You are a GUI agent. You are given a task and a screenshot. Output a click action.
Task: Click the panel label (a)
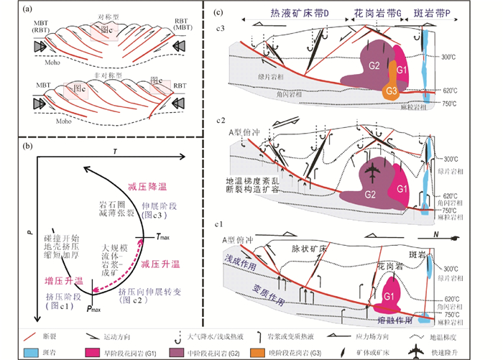pos(9,10)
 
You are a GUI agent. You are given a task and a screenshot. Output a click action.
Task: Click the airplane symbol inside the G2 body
pos(371,173)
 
